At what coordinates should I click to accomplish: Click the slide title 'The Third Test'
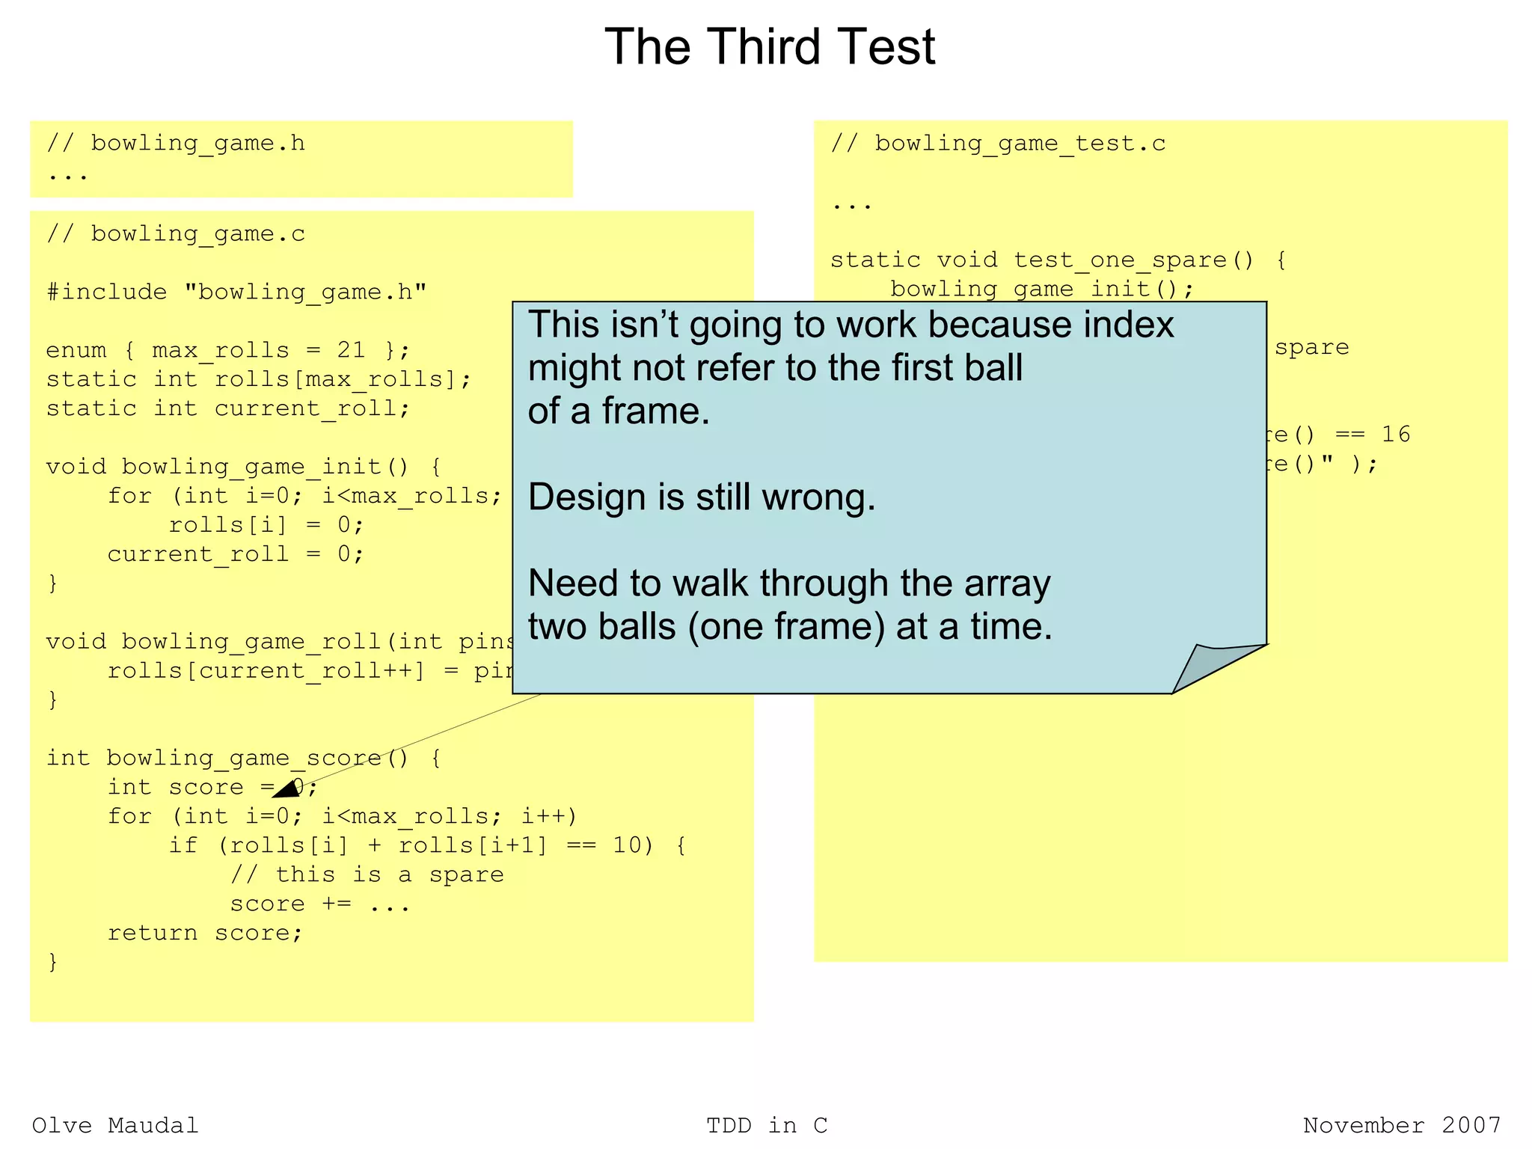click(769, 47)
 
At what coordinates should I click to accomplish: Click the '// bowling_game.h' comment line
click(176, 143)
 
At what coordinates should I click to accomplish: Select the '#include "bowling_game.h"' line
click(236, 292)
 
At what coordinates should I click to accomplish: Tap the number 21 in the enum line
click(351, 350)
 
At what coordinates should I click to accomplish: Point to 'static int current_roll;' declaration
click(228, 408)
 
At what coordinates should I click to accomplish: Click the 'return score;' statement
click(205, 933)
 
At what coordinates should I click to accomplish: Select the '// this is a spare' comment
click(367, 874)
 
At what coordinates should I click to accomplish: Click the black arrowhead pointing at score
click(287, 789)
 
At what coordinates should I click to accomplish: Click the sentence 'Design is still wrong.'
click(701, 497)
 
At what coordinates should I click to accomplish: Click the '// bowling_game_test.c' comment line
click(998, 144)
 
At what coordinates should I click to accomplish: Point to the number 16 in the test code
click(1395, 434)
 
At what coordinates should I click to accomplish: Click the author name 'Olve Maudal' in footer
click(115, 1125)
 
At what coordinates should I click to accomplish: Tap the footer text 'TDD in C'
click(767, 1125)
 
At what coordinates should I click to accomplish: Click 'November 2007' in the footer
click(1402, 1125)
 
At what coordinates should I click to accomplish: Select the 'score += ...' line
click(320, 904)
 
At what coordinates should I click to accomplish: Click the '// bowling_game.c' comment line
click(176, 234)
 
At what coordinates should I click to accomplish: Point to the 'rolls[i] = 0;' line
click(266, 525)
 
